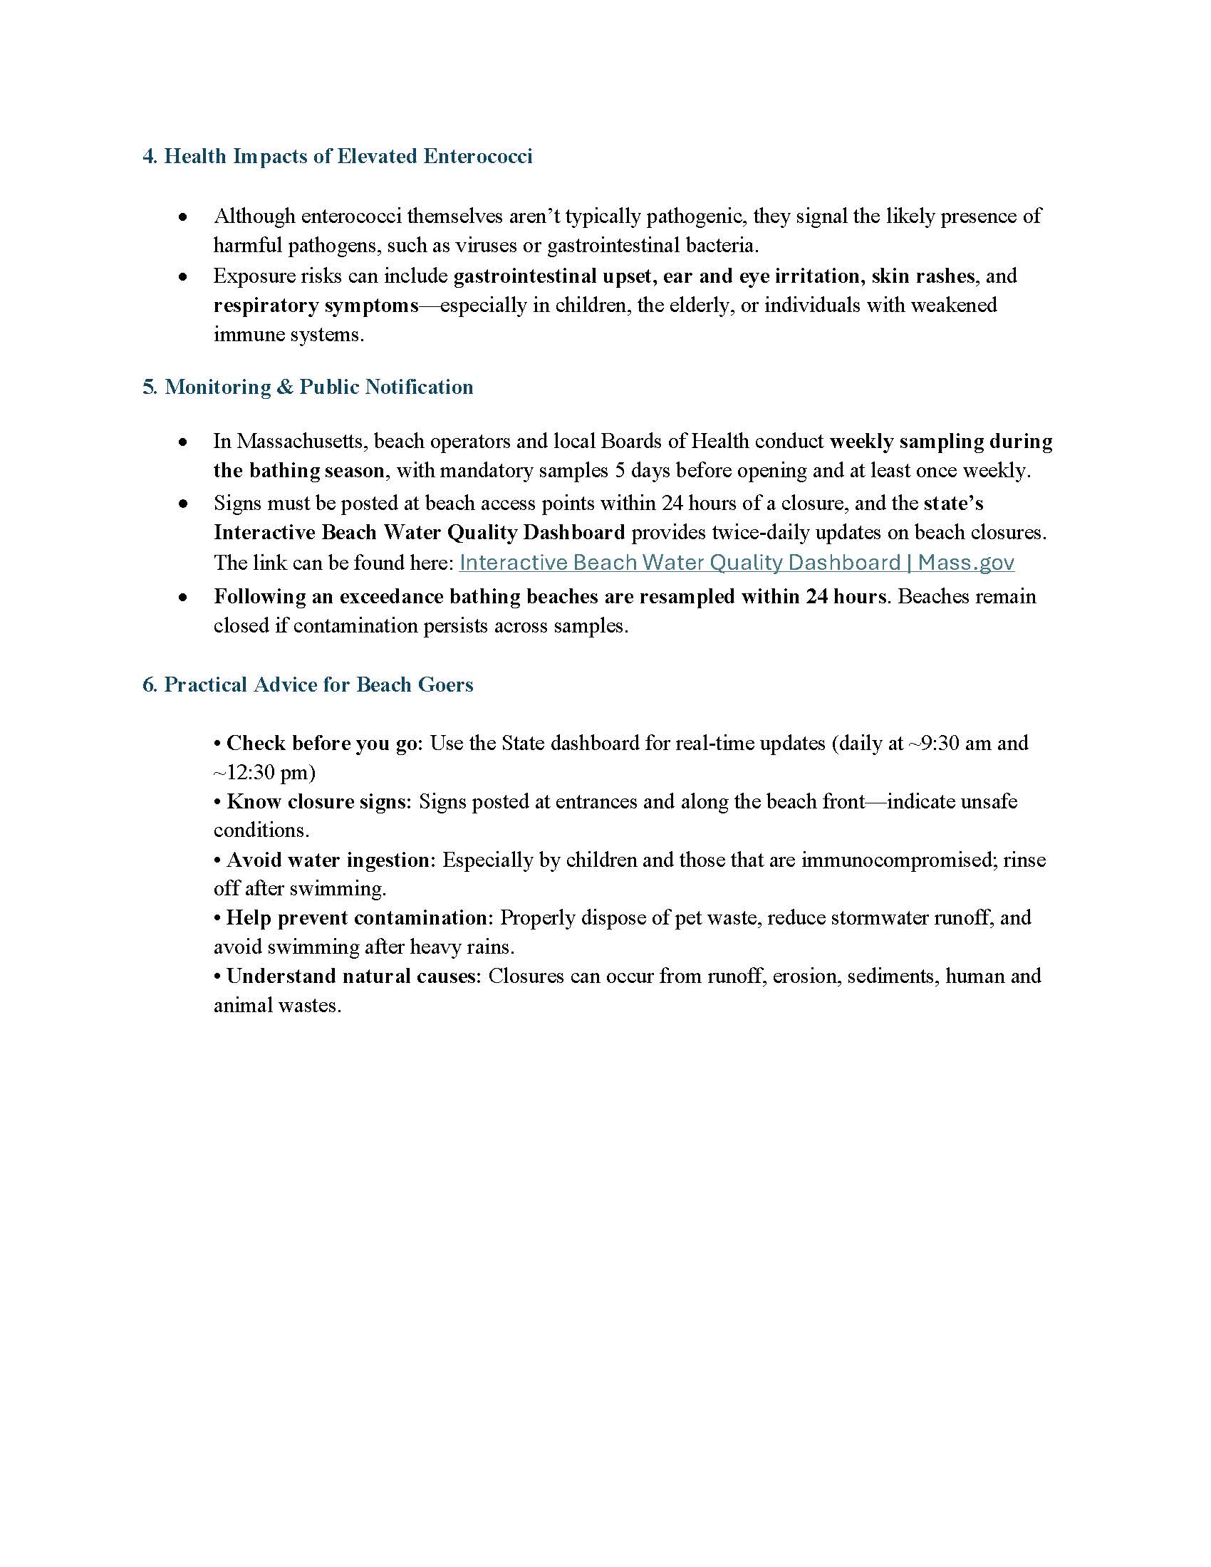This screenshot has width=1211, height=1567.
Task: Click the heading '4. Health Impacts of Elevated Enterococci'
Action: pyautogui.click(x=337, y=157)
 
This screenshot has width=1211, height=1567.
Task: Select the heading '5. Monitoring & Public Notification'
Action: pyautogui.click(x=308, y=387)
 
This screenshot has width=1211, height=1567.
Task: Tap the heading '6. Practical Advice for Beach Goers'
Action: pyautogui.click(x=308, y=684)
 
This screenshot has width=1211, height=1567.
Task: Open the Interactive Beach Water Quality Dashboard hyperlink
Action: pyautogui.click(x=736, y=563)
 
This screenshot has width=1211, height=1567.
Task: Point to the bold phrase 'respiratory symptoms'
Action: pyautogui.click(x=316, y=305)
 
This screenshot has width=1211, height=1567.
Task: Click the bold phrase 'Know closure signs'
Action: pyautogui.click(x=316, y=801)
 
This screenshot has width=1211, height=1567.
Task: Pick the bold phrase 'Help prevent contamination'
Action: pyautogui.click(x=357, y=917)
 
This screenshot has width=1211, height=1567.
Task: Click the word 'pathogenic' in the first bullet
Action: pyautogui.click(x=695, y=216)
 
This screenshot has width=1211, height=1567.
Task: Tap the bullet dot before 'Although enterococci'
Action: pyautogui.click(x=184, y=217)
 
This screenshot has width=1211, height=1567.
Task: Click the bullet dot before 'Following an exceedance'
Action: pyautogui.click(x=184, y=597)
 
